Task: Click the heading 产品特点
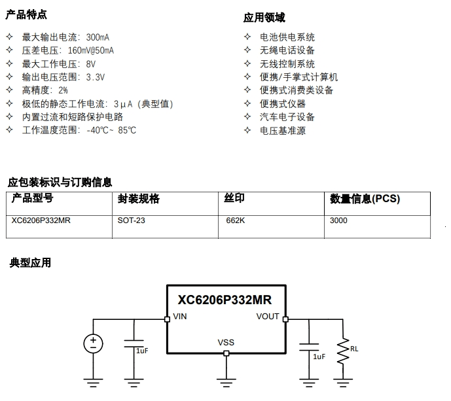[27, 15]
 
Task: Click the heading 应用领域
[264, 18]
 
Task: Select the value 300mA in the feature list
[98, 37]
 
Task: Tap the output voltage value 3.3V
[96, 77]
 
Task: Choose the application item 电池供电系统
[287, 37]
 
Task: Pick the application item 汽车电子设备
[287, 117]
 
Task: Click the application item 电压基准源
[282, 130]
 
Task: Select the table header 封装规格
[138, 199]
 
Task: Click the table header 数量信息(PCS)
[365, 199]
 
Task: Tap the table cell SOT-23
[131, 221]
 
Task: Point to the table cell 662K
[235, 221]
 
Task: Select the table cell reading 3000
[338, 221]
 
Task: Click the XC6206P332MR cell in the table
[41, 221]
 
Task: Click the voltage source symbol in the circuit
[93, 343]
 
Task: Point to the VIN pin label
[180, 317]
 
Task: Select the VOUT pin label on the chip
[267, 317]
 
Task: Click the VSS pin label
[226, 343]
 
